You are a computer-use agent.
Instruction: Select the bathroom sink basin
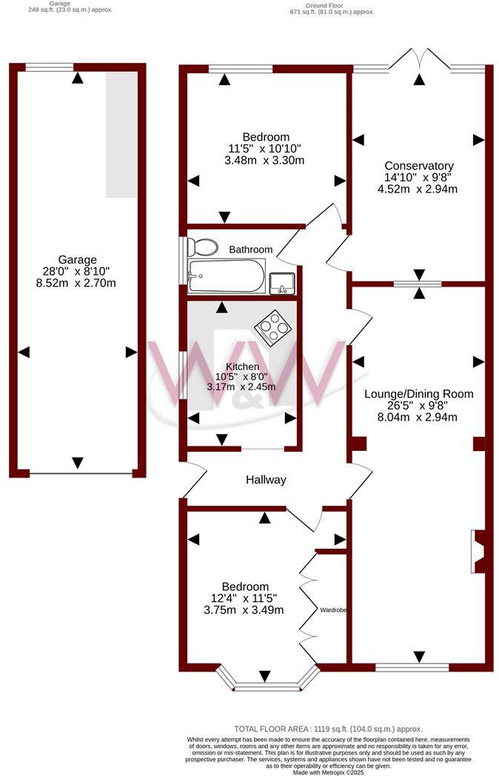(282, 282)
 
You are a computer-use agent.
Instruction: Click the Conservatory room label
(418, 166)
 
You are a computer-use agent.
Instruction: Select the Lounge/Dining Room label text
(418, 393)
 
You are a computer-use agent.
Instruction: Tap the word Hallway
(266, 480)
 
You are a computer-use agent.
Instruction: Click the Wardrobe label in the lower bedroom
(334, 610)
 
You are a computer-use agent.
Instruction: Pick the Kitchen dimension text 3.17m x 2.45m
(242, 387)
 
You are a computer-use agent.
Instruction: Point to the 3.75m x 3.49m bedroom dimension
(249, 610)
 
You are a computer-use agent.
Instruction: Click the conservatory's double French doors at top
(418, 61)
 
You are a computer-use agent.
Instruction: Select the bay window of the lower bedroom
(267, 683)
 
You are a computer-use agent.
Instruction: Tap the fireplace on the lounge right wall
(478, 552)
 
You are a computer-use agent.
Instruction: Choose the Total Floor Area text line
(328, 729)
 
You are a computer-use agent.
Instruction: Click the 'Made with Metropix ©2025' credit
(329, 772)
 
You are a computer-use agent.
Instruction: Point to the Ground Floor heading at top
(331, 5)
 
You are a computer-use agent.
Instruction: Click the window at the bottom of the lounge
(412, 667)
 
